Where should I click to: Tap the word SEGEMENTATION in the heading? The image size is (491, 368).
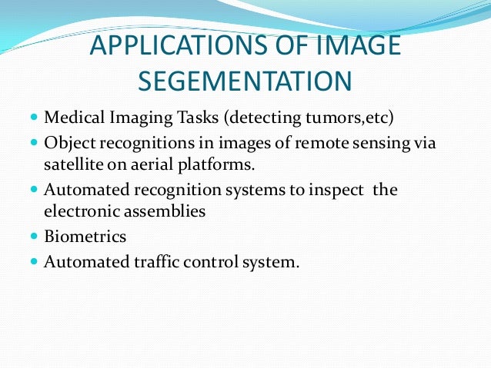[x=245, y=81]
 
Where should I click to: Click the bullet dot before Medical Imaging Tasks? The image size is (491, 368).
[x=35, y=120]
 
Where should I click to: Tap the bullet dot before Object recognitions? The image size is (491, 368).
[x=35, y=143]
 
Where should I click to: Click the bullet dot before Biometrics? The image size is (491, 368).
[x=35, y=237]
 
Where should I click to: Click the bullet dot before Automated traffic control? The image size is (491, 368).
[x=35, y=261]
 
